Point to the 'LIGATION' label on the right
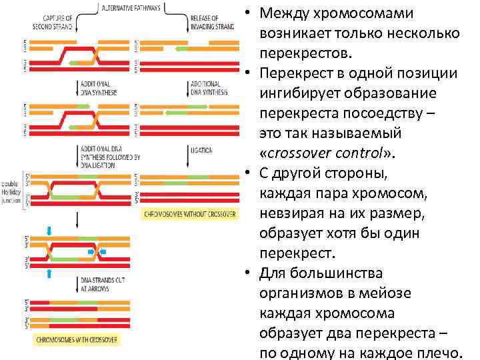tap(201, 151)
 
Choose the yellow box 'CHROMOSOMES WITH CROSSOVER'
tap(75, 340)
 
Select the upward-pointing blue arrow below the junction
tap(49, 273)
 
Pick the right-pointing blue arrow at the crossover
tap(92, 252)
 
